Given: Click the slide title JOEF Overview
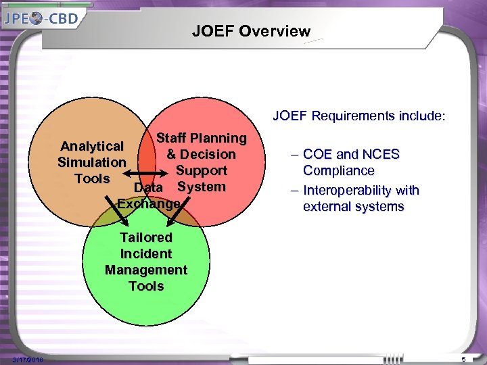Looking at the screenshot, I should [x=251, y=31].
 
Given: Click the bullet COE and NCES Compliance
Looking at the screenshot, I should [x=351, y=162].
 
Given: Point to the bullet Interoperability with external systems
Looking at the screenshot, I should [x=360, y=198].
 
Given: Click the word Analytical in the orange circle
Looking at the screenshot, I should [x=92, y=146].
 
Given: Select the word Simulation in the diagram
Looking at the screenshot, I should [x=91, y=162].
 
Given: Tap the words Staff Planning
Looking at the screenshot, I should [x=201, y=138].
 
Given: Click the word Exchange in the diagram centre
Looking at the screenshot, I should [x=149, y=203].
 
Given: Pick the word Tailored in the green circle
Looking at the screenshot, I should [x=145, y=237].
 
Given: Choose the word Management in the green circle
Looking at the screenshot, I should [x=145, y=270].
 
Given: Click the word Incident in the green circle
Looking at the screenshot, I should [x=145, y=253].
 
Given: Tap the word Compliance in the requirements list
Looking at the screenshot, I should [x=338, y=170].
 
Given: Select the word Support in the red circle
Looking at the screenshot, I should [x=202, y=170].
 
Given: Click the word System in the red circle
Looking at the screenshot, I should [x=201, y=187].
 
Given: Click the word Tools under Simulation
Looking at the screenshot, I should [x=92, y=178].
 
